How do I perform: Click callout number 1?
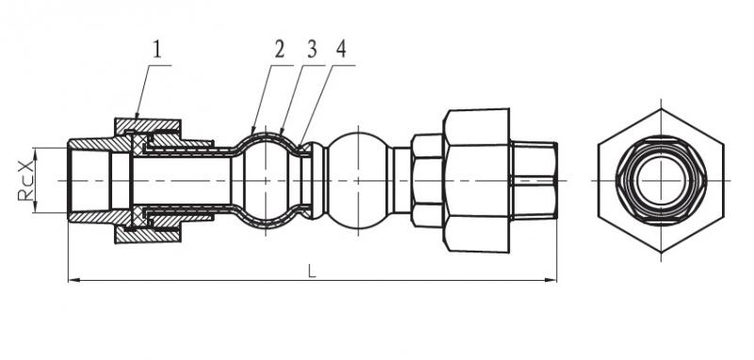157,50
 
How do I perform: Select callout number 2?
280,50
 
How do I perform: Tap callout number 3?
312,50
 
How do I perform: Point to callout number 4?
341,50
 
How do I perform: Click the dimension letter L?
313,271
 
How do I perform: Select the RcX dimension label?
26,180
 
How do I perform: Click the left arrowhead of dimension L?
74,280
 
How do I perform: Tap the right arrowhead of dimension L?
550,280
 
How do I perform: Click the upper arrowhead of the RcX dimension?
35,154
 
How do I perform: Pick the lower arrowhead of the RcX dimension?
35,206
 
